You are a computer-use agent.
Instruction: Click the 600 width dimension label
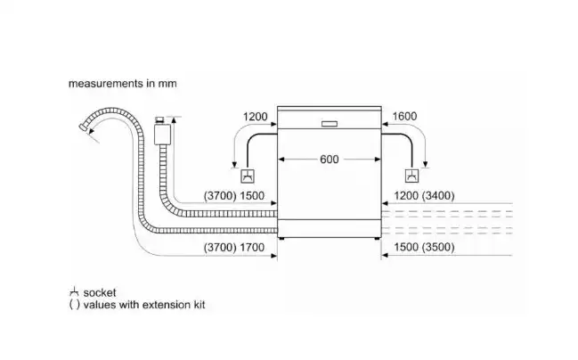coord(329,160)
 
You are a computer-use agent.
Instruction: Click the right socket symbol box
coord(411,176)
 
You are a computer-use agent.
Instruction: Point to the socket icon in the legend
coord(73,292)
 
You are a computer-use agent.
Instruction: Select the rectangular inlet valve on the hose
coord(161,134)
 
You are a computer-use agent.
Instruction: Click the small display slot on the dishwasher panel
coord(329,123)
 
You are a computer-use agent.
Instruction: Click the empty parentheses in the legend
coord(73,305)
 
